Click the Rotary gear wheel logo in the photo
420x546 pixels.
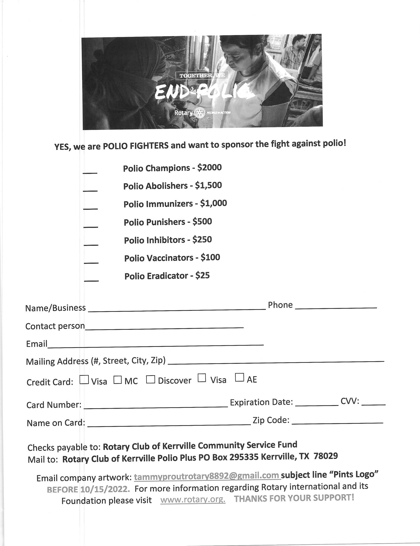point(200,113)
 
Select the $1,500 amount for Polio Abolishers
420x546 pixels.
point(208,185)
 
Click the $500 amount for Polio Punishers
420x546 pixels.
point(202,221)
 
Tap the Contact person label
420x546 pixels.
point(55,326)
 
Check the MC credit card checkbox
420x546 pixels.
point(118,380)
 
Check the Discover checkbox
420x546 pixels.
point(150,379)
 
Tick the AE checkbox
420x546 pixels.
point(239,378)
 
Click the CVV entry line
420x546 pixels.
point(373,404)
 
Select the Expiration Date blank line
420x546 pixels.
point(316,405)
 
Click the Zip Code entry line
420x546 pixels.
point(337,422)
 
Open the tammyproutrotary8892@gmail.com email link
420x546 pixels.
point(207,475)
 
